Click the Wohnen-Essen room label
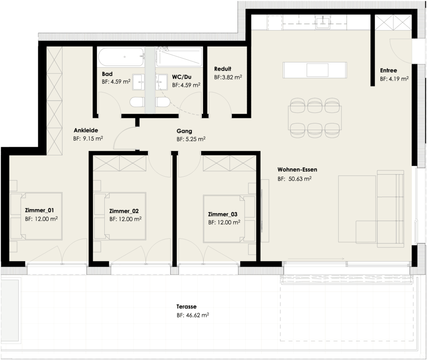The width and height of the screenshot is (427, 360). click(297, 170)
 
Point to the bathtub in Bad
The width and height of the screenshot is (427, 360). click(120, 57)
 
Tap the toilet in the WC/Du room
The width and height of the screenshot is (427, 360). click(162, 102)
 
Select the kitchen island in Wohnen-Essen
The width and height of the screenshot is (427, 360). click(315, 69)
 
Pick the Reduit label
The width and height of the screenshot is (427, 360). click(222, 69)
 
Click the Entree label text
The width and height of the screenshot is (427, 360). click(388, 70)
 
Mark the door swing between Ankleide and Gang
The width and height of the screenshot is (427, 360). click(125, 137)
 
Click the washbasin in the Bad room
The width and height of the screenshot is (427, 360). click(138, 82)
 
